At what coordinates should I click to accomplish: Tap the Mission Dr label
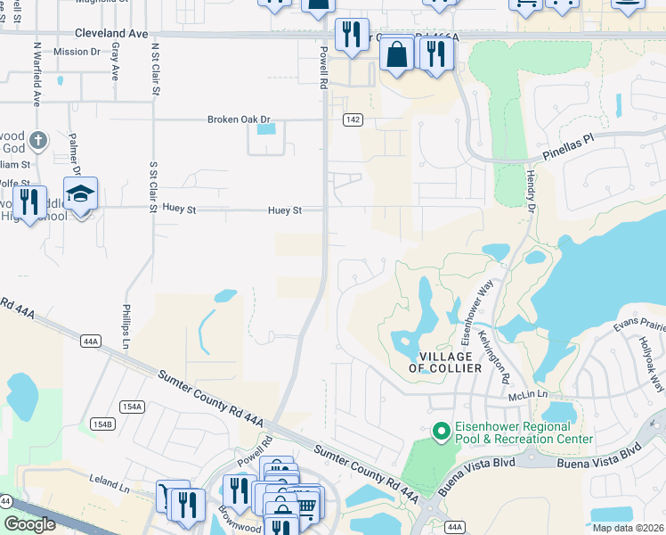(77, 52)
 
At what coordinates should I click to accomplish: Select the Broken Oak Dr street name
(239, 119)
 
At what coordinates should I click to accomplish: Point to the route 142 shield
(353, 119)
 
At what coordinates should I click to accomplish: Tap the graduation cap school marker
(80, 194)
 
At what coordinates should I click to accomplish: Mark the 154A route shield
(132, 407)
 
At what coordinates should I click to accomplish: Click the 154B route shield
(104, 424)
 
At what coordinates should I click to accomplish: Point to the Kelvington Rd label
(491, 349)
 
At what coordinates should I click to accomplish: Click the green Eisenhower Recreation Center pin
(439, 432)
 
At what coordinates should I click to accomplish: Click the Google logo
(29, 524)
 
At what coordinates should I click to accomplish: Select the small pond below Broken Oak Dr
(265, 129)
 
